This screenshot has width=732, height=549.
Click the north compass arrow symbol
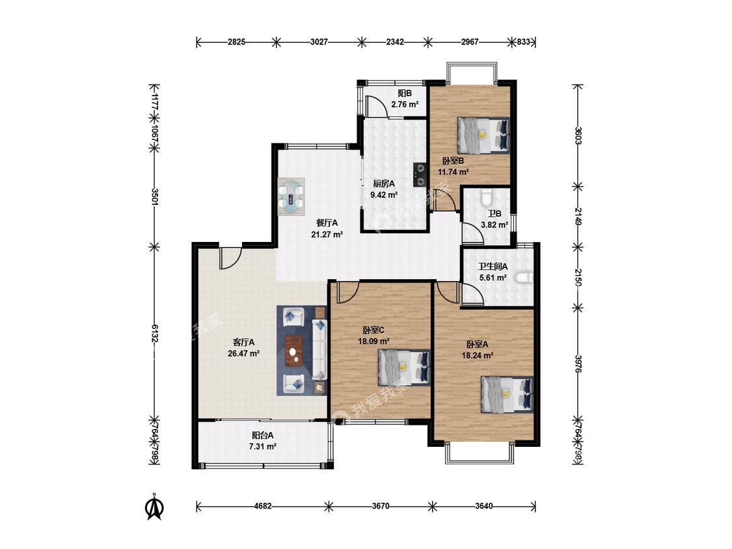pos(154,507)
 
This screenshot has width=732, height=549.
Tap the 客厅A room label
pos(244,342)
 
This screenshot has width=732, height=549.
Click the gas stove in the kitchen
pos(420,174)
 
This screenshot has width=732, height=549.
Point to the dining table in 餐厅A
pos(291,196)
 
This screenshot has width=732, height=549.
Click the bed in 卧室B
pos(482,135)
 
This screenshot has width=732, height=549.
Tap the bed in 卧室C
pos(403,368)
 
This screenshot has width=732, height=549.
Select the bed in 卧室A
pos(506,394)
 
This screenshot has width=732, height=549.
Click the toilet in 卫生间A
pos(524,278)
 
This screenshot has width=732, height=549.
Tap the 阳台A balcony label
pos(263,436)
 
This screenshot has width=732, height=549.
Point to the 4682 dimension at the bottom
pos(263,506)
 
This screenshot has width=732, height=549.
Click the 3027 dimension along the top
pos(319,42)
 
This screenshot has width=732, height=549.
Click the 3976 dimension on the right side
pos(578,364)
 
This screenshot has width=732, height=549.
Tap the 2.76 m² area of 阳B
pos(405,105)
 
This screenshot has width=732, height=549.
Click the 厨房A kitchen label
pos(384,184)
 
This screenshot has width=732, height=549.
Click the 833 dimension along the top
pos(524,42)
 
